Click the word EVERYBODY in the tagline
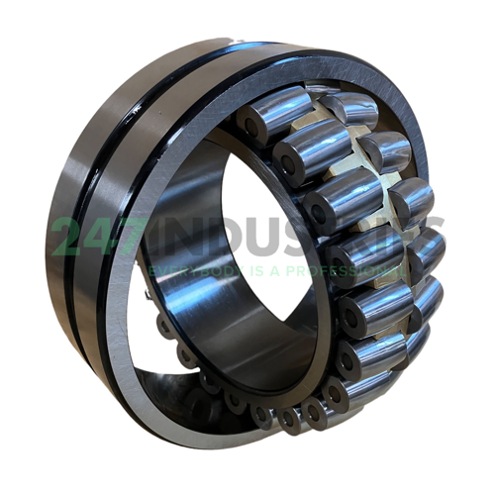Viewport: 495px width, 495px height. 187,270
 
